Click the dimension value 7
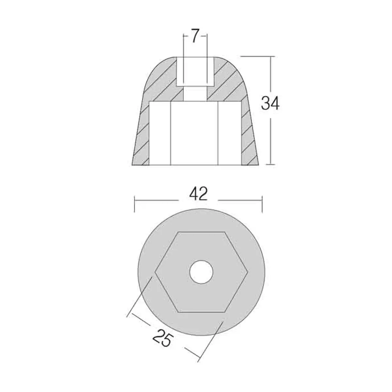(x=195, y=37)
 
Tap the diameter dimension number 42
(x=198, y=194)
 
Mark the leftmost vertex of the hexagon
(x=155, y=272)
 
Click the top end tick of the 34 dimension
(x=270, y=57)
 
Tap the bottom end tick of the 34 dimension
(x=270, y=164)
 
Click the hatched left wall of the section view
(x=141, y=134)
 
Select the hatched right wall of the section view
(x=250, y=134)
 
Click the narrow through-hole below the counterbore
(x=195, y=94)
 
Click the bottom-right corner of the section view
(x=259, y=164)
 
